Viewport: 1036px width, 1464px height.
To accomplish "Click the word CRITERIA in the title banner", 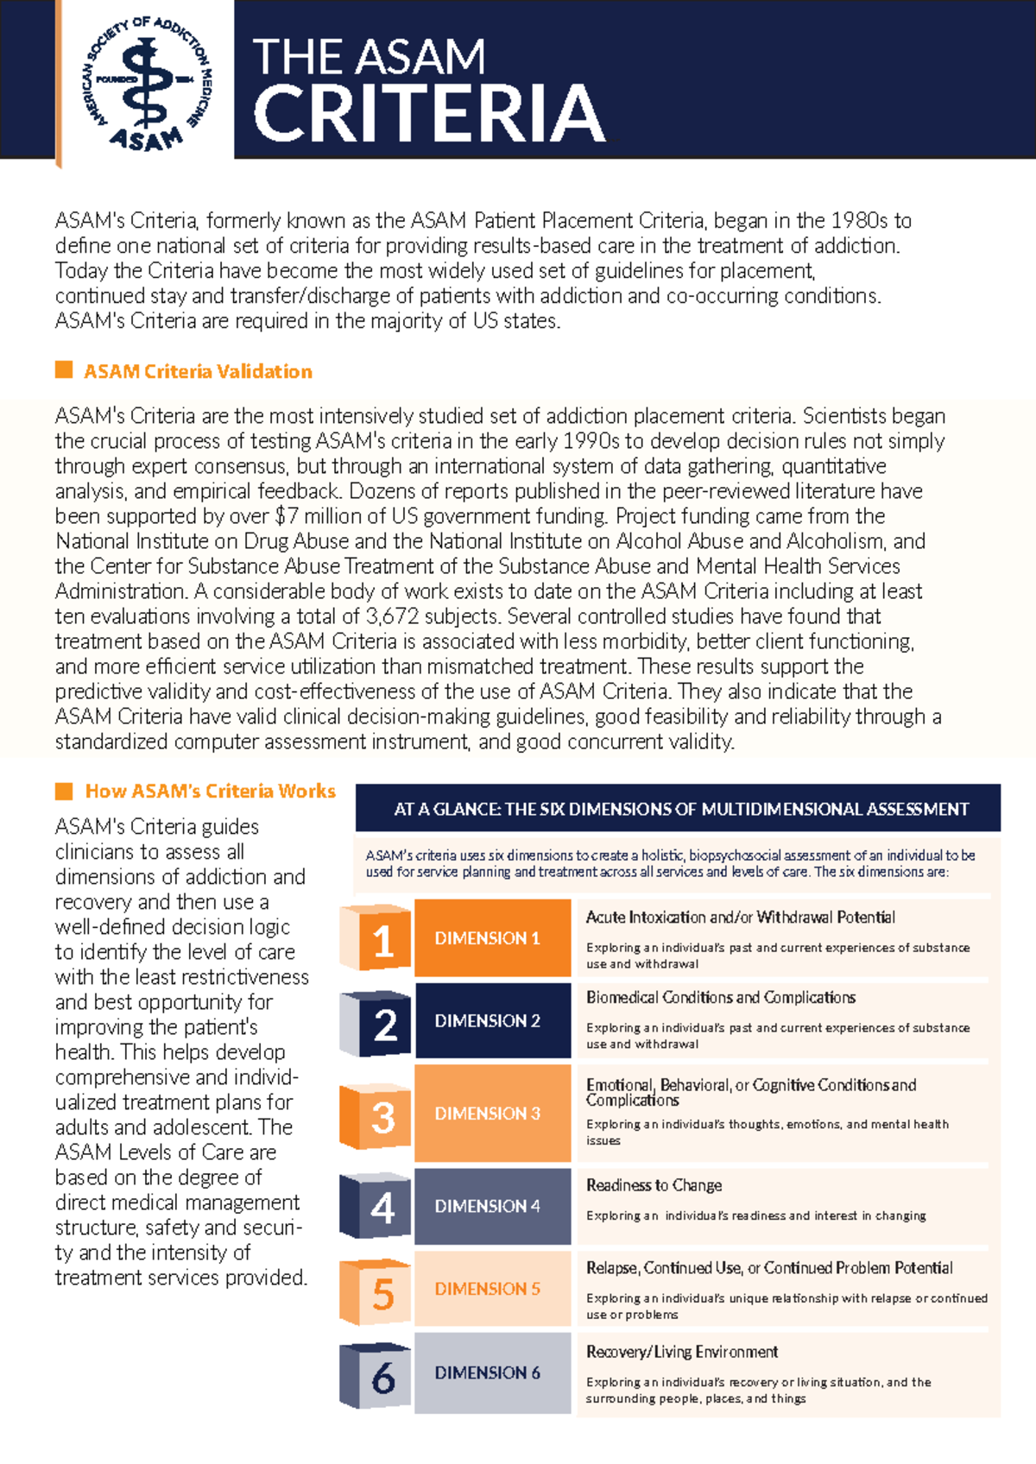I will coord(429,114).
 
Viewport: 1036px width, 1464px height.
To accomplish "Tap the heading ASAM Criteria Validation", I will coord(198,371).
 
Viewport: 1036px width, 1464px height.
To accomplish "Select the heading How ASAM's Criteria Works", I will coord(210,791).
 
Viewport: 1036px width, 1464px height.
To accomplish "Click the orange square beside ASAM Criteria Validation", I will coord(64,370).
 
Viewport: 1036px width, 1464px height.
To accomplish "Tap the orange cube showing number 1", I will coord(377,938).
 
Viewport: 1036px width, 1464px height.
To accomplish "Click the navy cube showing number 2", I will coord(377,1023).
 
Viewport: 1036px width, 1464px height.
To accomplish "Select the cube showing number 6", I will coord(377,1375).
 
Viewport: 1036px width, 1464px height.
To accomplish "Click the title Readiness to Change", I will coord(654,1185).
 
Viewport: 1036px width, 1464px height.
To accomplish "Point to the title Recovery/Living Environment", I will coord(682,1352).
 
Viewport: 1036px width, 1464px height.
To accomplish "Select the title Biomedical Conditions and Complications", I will coord(721,998).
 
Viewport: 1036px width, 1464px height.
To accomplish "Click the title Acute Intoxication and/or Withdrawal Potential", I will coord(740,918).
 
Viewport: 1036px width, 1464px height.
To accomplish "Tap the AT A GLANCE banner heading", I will coord(680,809).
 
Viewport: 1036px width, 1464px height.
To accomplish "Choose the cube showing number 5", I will coord(377,1292).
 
